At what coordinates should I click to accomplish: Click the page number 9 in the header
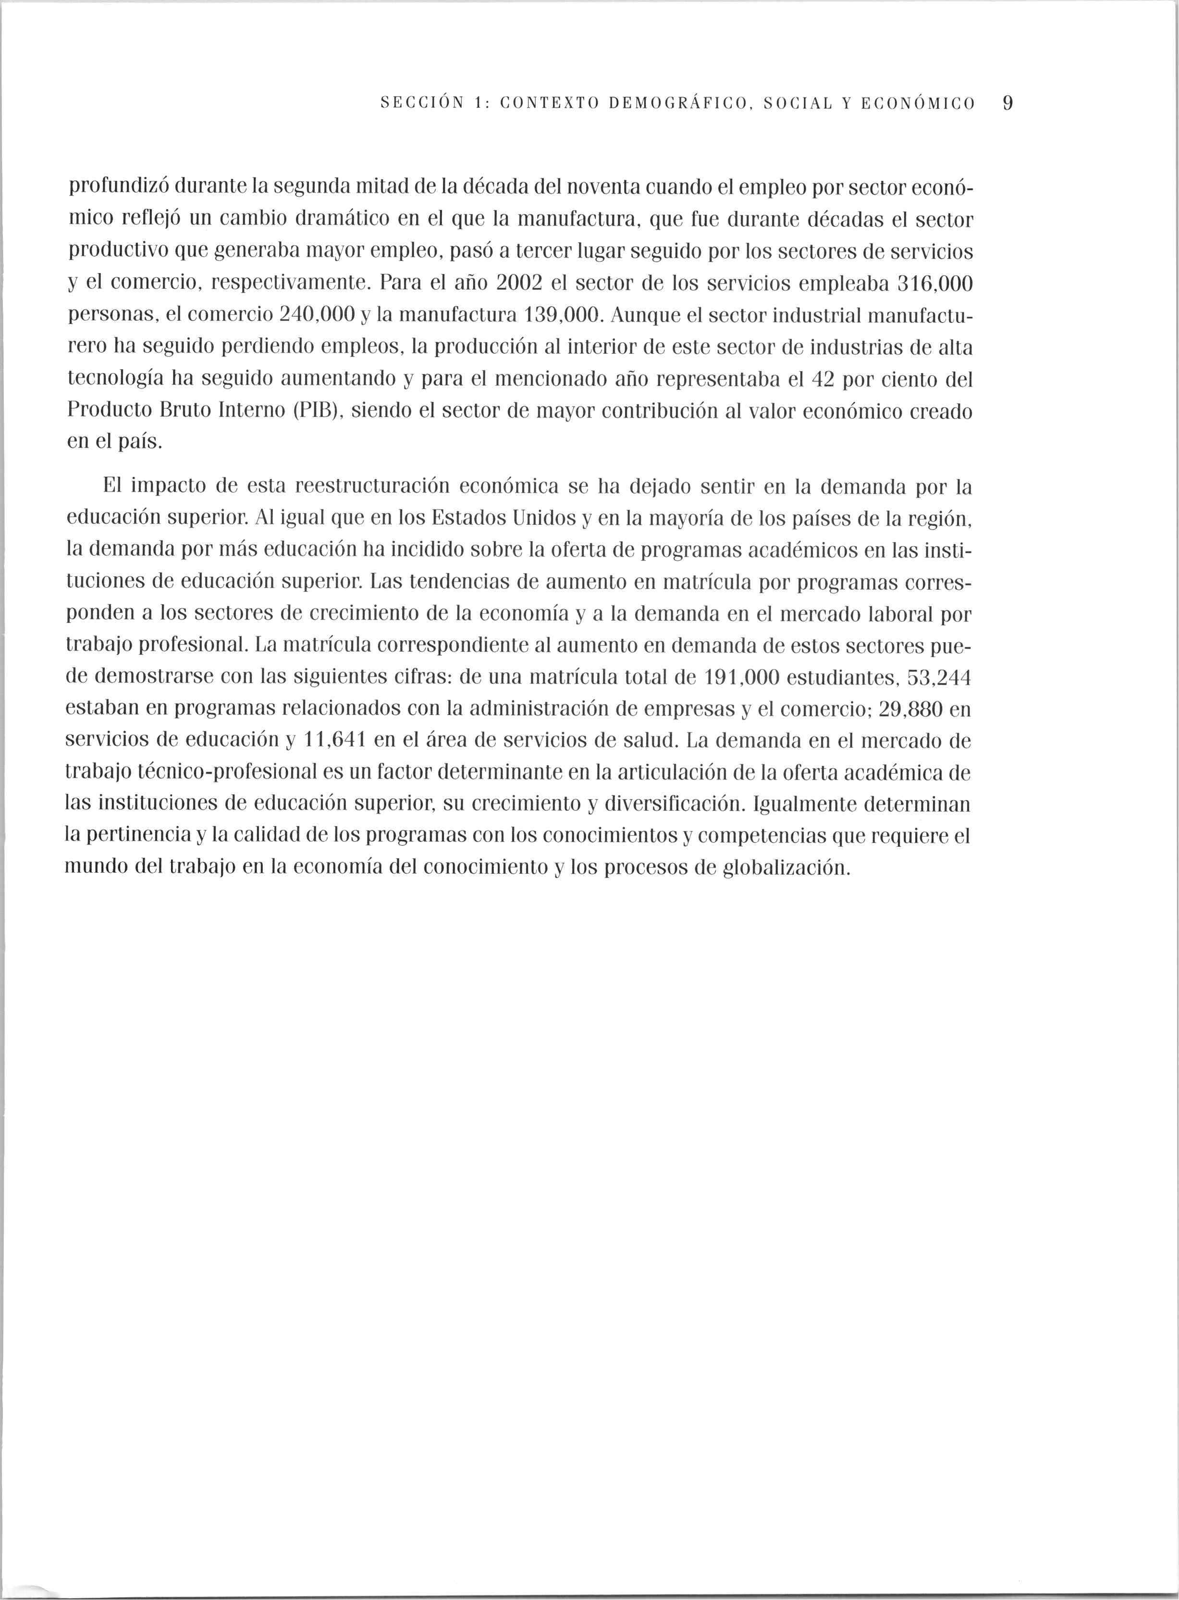pyautogui.click(x=1007, y=103)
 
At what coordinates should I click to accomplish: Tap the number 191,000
pyautogui.click(x=741, y=678)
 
